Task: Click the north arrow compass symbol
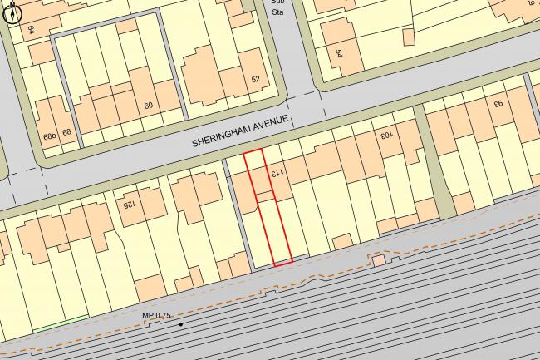click(x=12, y=11)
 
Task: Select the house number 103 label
click(x=385, y=132)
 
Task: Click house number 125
click(x=129, y=202)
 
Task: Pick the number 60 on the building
click(x=149, y=106)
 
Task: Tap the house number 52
click(x=255, y=80)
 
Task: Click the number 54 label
click(x=340, y=53)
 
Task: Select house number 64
click(x=32, y=29)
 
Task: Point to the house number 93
click(x=498, y=105)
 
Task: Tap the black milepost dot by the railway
click(x=179, y=323)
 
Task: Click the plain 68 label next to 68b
click(x=67, y=132)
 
